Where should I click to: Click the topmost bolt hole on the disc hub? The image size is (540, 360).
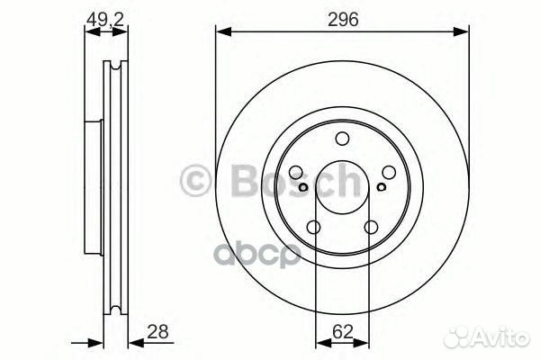(x=342, y=139)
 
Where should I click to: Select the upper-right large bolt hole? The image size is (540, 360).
(x=387, y=173)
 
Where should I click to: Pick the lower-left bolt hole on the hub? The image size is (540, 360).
(x=314, y=227)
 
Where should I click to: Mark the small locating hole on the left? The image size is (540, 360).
(x=304, y=187)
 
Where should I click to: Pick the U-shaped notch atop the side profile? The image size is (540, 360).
(x=114, y=67)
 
